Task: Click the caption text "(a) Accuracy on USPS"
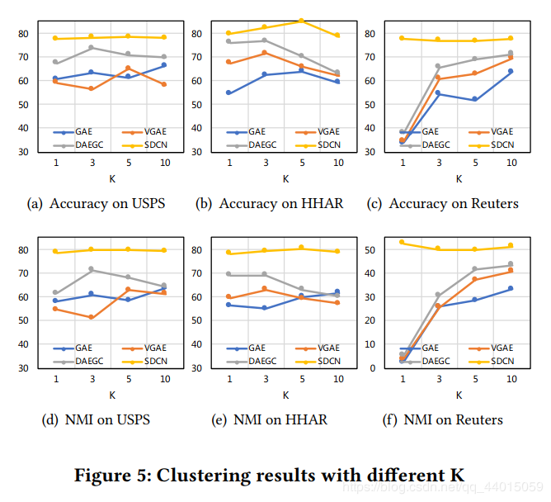coord(96,203)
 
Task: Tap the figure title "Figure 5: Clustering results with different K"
coord(269,476)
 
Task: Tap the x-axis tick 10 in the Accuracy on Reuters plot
coord(511,163)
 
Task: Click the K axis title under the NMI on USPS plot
coord(111,395)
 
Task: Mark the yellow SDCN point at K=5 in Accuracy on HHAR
coord(301,21)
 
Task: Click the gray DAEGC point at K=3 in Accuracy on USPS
coord(92,47)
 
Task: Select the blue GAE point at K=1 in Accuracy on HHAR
coord(228,92)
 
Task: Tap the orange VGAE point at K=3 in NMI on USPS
coord(92,317)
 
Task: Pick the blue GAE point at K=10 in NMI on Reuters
coord(511,288)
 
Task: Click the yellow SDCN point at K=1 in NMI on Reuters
coord(402,242)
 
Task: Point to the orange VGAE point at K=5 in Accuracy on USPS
coord(127,68)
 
